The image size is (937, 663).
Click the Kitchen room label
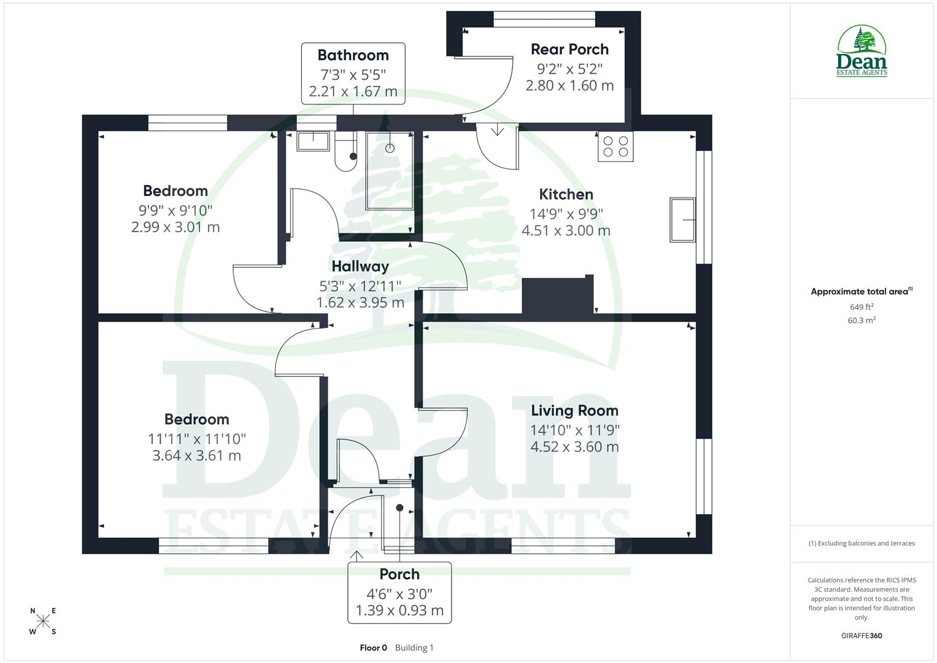tap(566, 195)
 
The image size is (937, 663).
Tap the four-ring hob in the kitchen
tap(615, 147)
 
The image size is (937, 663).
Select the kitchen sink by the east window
tap(682, 219)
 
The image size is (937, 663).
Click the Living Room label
tap(574, 411)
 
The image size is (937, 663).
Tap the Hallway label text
tap(360, 266)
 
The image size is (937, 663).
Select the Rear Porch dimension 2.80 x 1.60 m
tap(569, 86)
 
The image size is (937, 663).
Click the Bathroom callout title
tap(353, 55)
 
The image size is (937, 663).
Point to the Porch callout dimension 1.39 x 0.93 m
tap(399, 611)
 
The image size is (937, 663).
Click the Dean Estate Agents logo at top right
tap(862, 51)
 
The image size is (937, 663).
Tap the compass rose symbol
tap(43, 621)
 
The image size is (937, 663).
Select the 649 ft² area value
tap(862, 307)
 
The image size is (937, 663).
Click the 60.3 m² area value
tap(862, 320)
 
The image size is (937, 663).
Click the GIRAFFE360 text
tap(862, 636)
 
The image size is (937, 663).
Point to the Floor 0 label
tap(373, 648)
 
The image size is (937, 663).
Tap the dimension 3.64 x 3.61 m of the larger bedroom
tap(196, 456)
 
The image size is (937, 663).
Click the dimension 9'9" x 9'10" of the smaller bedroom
tap(175, 211)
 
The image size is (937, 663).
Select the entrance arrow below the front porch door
tap(356, 556)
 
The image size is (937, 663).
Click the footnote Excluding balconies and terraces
tap(862, 543)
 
